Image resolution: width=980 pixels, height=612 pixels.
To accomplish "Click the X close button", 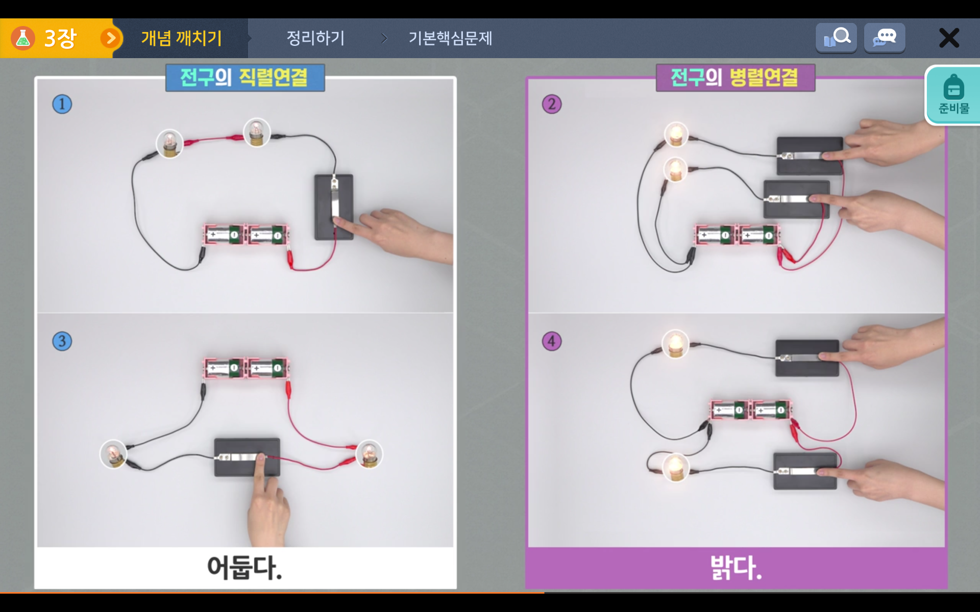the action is pos(949,38).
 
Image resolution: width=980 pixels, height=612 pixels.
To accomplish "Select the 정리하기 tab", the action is pos(315,38).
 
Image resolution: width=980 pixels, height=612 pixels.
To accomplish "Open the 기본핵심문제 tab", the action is pos(450,38).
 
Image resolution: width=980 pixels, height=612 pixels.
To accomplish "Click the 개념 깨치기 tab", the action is pos(181,38).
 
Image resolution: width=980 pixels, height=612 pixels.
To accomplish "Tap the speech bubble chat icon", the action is pos(885,37).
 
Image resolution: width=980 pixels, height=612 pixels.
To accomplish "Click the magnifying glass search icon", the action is pos(836,37).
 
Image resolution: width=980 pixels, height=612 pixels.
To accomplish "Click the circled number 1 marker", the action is pos(62,104).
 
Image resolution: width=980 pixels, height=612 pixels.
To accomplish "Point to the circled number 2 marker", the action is pos(552,104).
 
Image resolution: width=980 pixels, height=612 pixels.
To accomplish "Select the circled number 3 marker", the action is pos(62,341).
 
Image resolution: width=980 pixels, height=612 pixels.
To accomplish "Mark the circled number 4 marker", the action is pos(552,341).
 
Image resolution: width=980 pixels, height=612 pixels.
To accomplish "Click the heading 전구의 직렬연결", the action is pos(244,78).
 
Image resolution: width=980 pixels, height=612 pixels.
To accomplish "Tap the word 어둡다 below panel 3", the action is pos(244,567).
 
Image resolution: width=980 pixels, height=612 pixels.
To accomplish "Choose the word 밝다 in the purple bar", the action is pos(736,567).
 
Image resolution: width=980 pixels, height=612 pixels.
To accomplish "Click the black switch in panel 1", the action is pos(334,207).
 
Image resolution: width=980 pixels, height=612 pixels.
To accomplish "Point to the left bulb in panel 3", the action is pos(113,454).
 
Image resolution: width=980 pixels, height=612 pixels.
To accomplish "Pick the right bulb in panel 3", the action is pos(369,454).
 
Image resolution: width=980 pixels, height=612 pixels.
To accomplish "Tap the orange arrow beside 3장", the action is pos(110,38).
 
